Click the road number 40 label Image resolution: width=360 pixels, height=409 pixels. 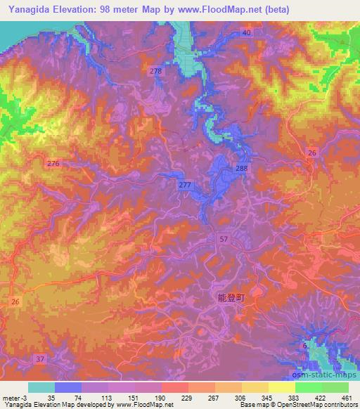pyautogui.click(x=246, y=33)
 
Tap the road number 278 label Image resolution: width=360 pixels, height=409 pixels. pyautogui.click(x=155, y=72)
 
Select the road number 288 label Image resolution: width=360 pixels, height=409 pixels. pyautogui.click(x=242, y=169)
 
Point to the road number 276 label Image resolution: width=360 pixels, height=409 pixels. pyautogui.click(x=53, y=163)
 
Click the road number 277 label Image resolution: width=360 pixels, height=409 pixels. pyautogui.click(x=185, y=184)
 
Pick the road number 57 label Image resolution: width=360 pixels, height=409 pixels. pyautogui.click(x=223, y=240)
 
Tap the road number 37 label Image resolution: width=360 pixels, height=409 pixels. pyautogui.click(x=40, y=359)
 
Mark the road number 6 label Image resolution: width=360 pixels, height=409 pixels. pyautogui.click(x=304, y=346)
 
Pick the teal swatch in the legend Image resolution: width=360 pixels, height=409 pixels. pyautogui.click(x=41, y=387)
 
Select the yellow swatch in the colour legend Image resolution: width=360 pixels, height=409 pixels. pyautogui.click(x=281, y=387)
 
